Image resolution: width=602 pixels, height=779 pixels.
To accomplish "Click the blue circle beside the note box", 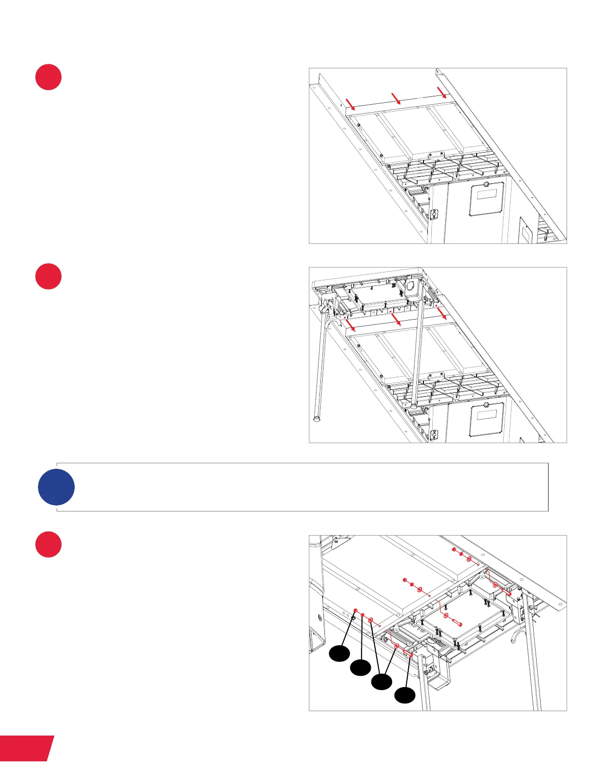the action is pos(56,487).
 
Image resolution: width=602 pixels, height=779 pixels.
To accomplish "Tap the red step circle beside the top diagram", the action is pos(48,77).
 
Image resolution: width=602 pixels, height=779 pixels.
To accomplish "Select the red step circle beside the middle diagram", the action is pos(48,276).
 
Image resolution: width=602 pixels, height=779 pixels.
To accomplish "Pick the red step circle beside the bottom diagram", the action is pos(48,544).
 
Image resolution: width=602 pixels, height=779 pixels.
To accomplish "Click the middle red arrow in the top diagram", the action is pos(396,97).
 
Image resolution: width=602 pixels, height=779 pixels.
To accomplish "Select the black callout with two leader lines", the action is pos(381,682).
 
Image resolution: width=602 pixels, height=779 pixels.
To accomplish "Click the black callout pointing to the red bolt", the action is pos(405,695).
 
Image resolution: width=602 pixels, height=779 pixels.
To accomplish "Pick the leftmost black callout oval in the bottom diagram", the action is pos(339,654).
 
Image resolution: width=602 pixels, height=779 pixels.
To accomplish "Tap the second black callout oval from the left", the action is pos(360,668).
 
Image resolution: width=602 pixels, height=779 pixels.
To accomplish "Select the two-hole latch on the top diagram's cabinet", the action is pos(434,214).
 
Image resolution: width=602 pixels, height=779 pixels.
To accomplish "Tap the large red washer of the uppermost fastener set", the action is pos(469,560).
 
